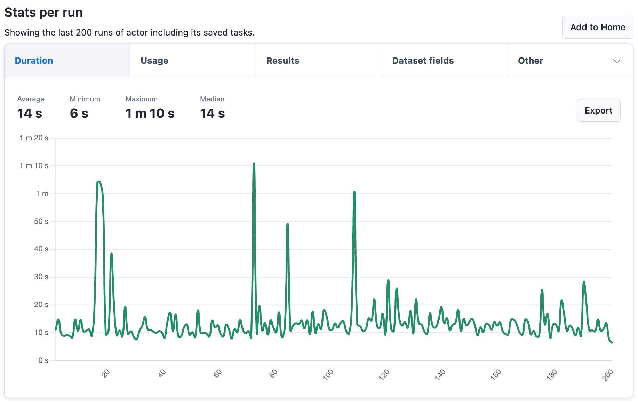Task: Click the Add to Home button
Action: pyautogui.click(x=597, y=27)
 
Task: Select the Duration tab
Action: pyautogui.click(x=34, y=61)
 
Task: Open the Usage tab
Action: pyautogui.click(x=154, y=61)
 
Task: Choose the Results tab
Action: pyautogui.click(x=282, y=61)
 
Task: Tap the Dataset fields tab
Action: pyautogui.click(x=423, y=61)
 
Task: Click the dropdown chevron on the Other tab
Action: pyautogui.click(x=616, y=61)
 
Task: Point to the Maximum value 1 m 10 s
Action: pyautogui.click(x=150, y=114)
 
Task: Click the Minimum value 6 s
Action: pyautogui.click(x=79, y=114)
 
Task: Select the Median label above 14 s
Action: pyautogui.click(x=212, y=99)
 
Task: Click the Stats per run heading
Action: pyautogui.click(x=43, y=13)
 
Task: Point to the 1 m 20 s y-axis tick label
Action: pyautogui.click(x=34, y=138)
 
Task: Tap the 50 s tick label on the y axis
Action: pyautogui.click(x=41, y=222)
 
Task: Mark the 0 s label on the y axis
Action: pyautogui.click(x=43, y=360)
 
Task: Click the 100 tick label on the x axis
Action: pyautogui.click(x=328, y=374)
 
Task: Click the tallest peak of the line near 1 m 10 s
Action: pyautogui.click(x=254, y=163)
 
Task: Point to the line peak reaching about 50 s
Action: pyautogui.click(x=288, y=224)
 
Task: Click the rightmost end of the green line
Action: pyautogui.click(x=612, y=342)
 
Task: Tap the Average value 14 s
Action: pyautogui.click(x=30, y=114)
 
